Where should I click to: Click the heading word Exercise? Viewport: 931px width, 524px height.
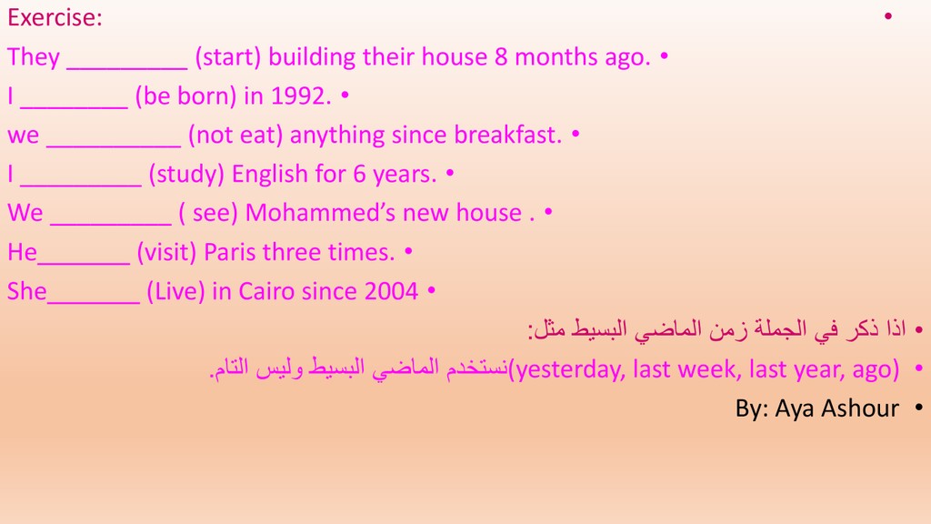pos(54,17)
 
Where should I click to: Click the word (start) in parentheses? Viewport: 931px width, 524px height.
pos(228,57)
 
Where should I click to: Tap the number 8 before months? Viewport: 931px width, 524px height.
pos(501,57)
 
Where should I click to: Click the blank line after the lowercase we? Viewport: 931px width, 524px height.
pos(114,145)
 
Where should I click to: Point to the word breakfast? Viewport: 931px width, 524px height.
pos(507,135)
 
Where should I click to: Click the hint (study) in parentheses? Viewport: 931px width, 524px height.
pos(186,174)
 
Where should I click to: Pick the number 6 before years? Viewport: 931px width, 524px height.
pos(359,174)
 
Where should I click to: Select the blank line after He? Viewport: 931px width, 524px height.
pos(84,262)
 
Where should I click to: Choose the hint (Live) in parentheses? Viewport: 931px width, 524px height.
pos(175,291)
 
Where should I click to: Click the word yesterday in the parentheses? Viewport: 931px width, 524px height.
pos(570,369)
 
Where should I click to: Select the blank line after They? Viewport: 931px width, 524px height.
pos(127,67)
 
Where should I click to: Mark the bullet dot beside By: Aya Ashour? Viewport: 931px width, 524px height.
pos(919,408)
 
